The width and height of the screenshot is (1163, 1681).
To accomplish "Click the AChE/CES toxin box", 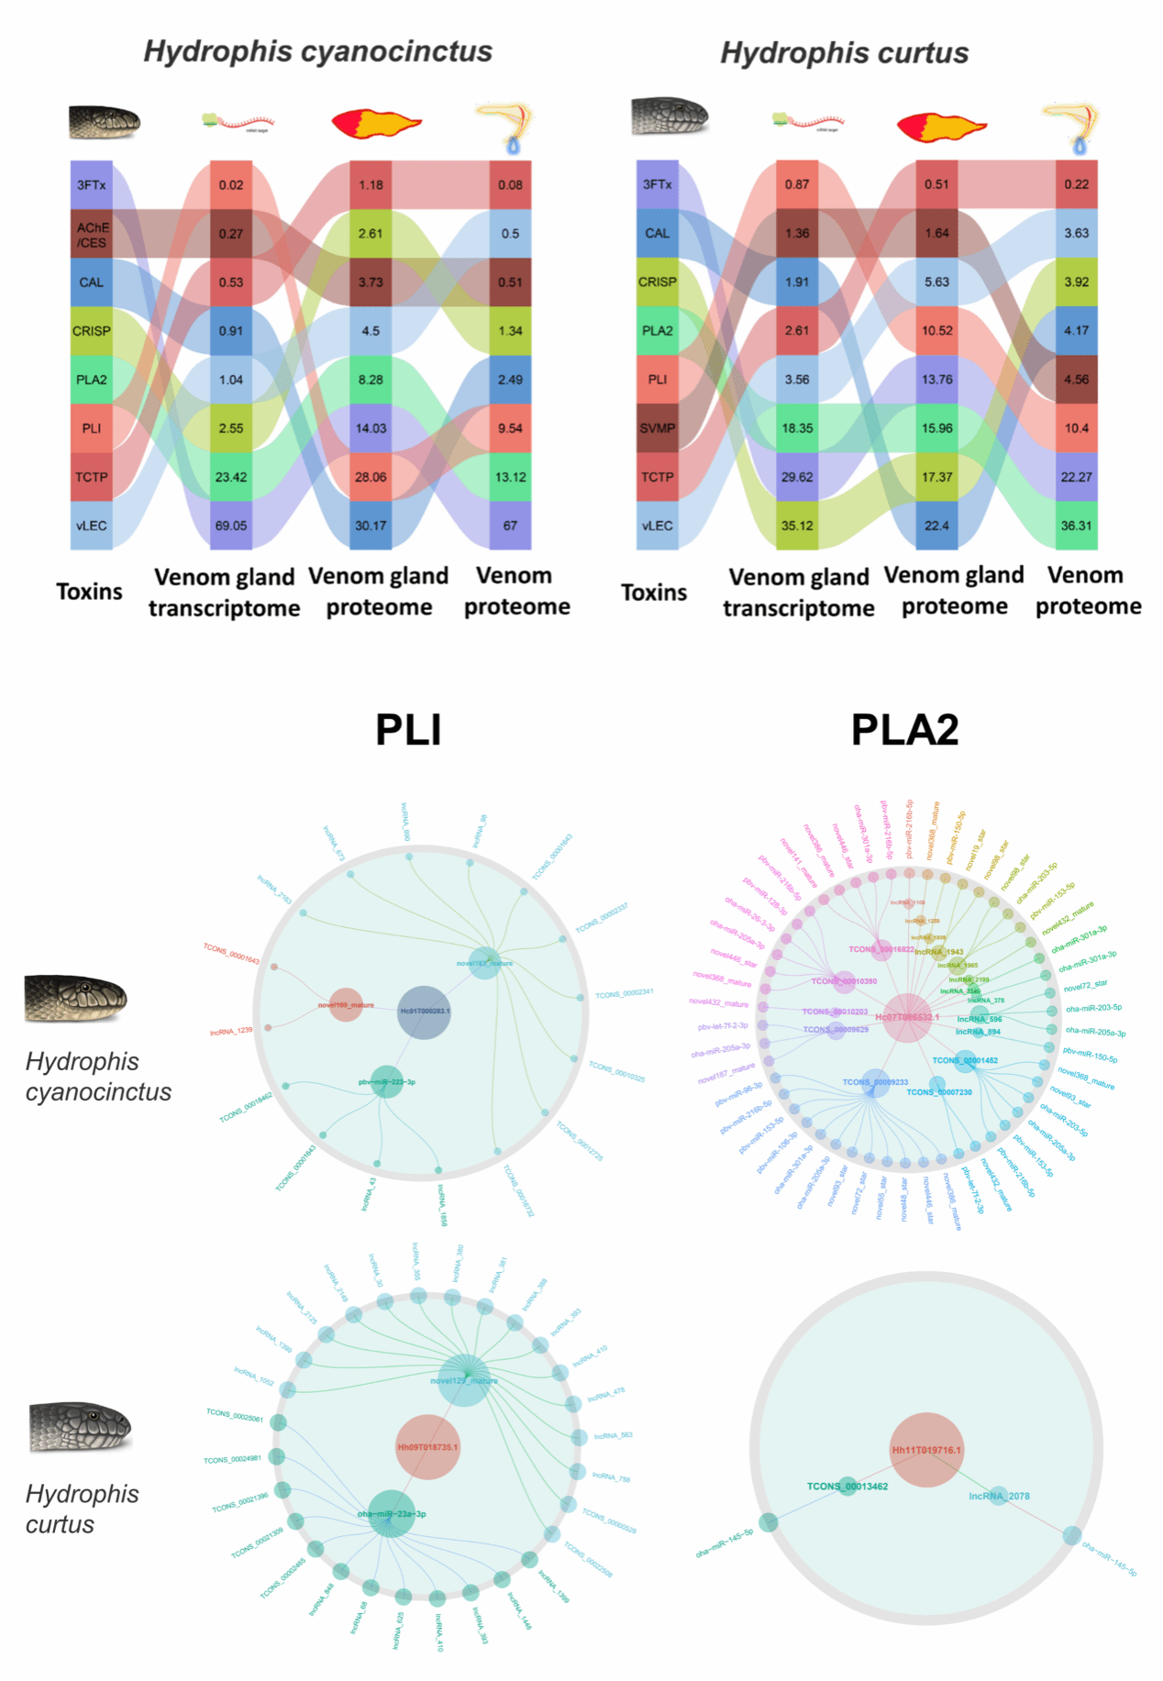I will (92, 234).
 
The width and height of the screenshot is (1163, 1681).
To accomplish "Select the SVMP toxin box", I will (657, 428).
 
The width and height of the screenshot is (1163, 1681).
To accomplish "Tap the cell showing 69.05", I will (231, 525).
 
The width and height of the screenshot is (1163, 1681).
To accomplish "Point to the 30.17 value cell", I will (371, 525).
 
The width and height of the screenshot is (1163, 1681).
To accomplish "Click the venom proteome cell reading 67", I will (510, 525).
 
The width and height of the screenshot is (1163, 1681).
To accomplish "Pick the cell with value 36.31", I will (1076, 525).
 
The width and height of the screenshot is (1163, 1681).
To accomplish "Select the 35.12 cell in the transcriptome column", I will (796, 525).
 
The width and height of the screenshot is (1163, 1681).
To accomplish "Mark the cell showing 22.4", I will (936, 525).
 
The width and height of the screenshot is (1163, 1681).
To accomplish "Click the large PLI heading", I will (408, 730).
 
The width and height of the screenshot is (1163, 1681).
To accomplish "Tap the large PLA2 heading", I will (904, 730).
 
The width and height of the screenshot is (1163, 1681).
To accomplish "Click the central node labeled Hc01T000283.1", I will (424, 1012).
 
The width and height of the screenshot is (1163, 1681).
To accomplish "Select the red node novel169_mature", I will (346, 1005).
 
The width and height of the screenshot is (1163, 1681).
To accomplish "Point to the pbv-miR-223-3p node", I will (387, 1082).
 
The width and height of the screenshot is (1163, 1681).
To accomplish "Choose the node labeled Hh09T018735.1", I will (427, 1447).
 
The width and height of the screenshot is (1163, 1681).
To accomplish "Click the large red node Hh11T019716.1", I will (926, 1450).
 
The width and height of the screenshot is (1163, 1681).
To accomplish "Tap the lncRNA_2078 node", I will (999, 1496).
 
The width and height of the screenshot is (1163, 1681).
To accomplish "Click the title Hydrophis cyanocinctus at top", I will (317, 51).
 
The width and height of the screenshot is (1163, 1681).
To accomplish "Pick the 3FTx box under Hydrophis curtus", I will (657, 184).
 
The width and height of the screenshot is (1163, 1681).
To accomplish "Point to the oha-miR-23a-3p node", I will (392, 1514).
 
